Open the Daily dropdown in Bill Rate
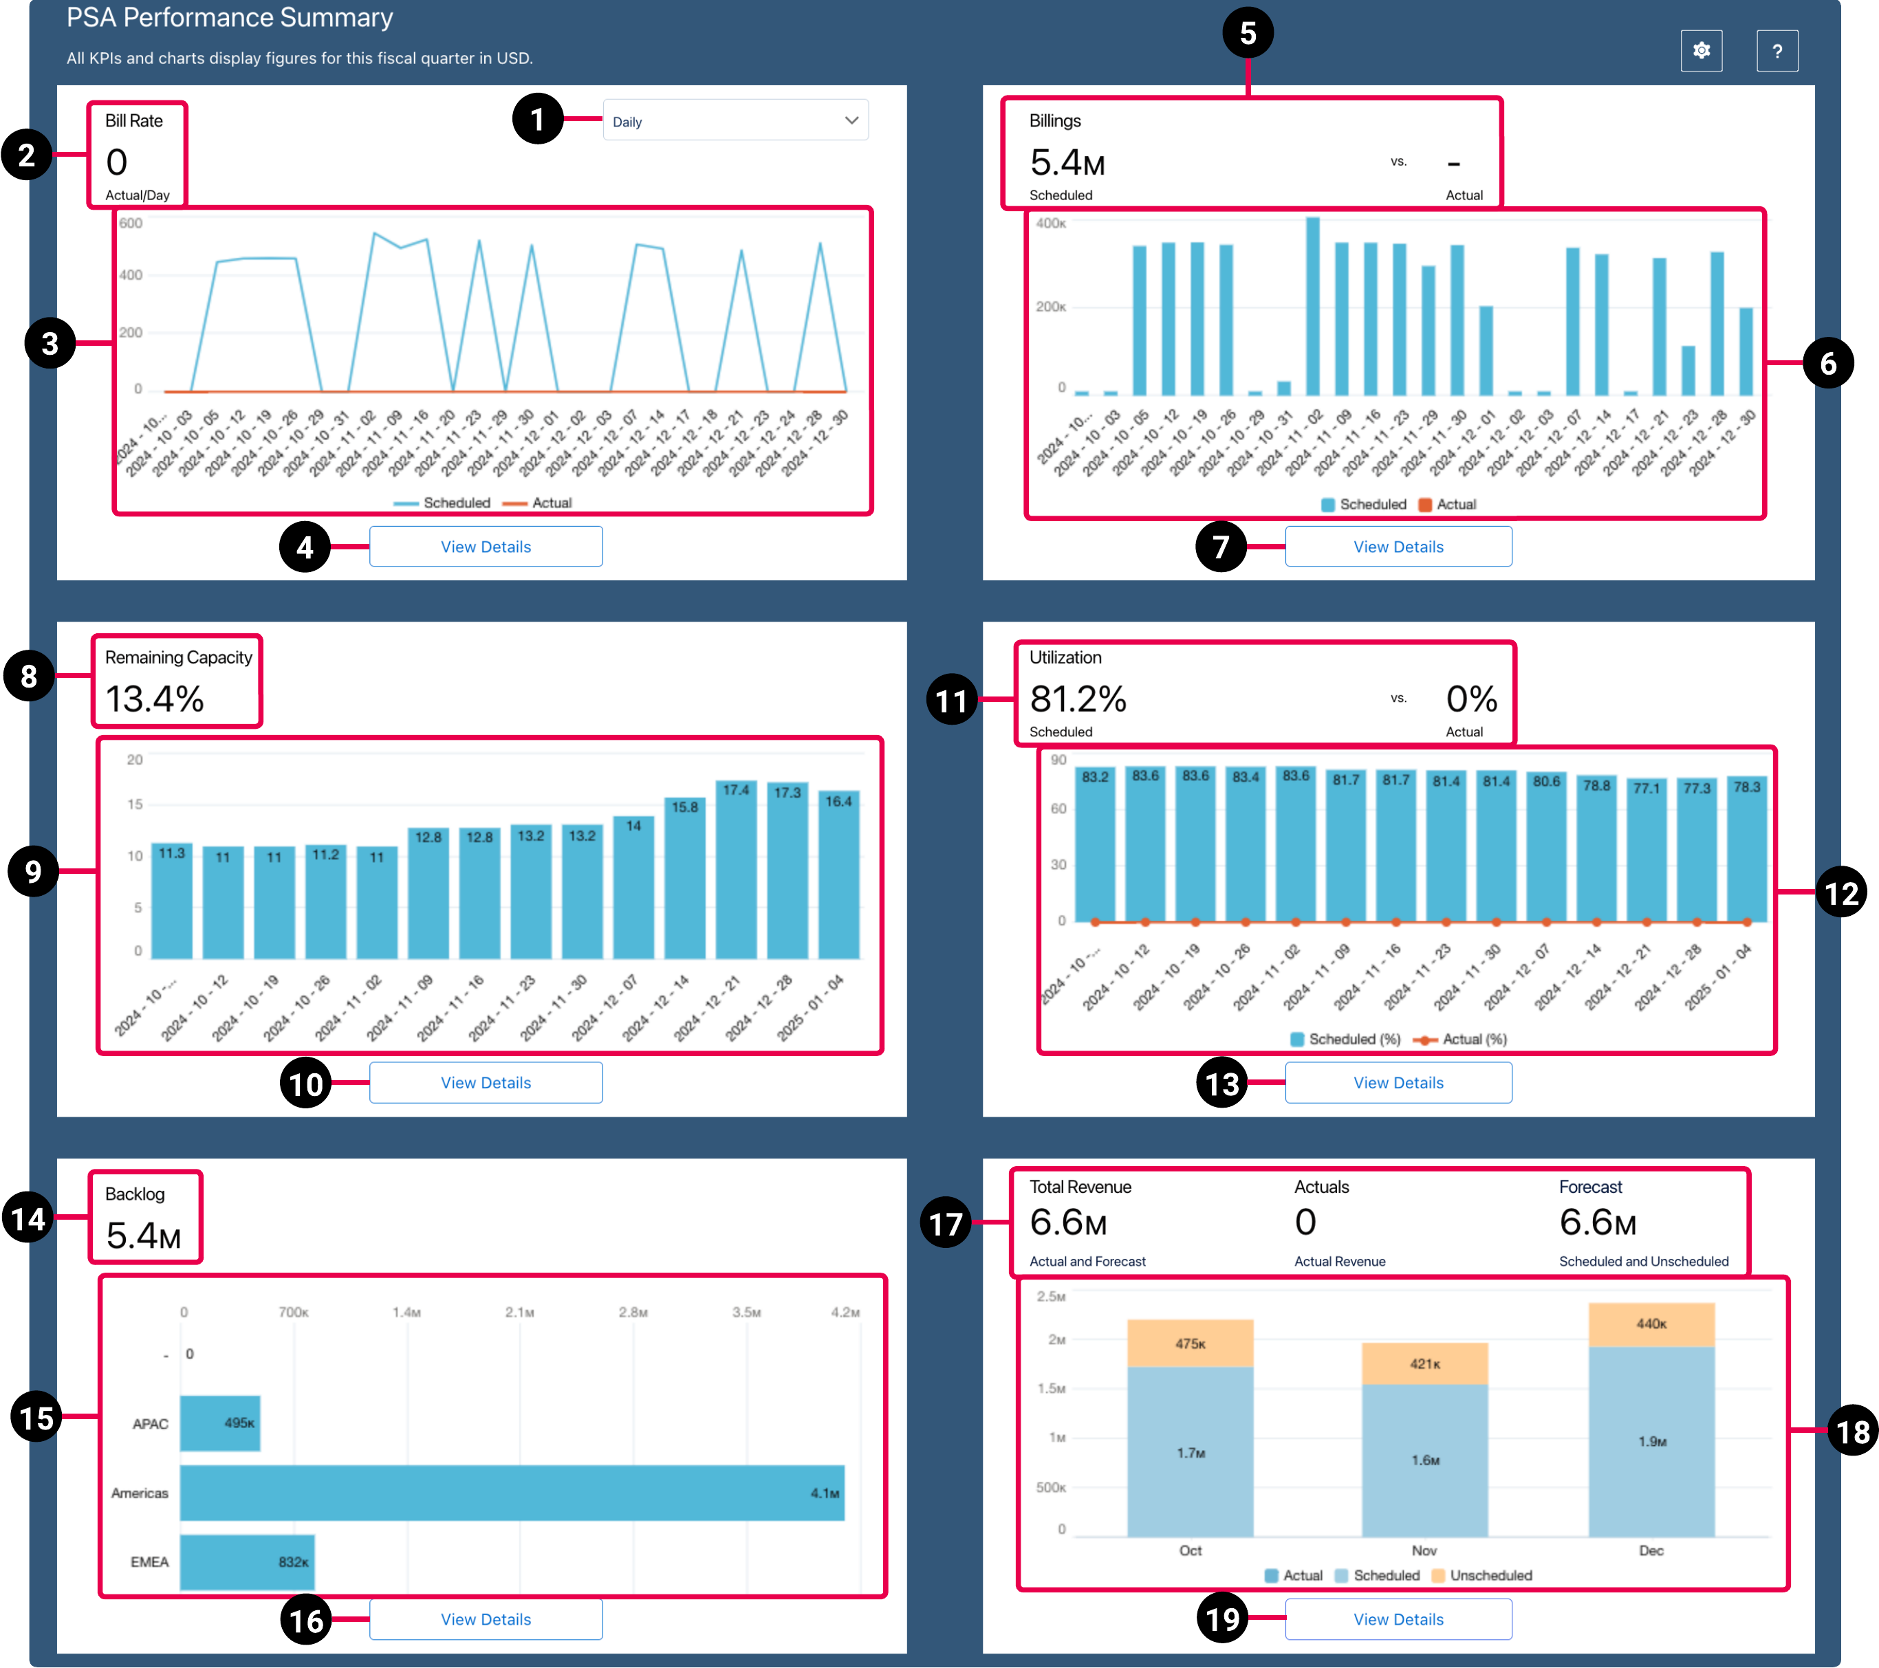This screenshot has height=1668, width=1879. point(735,120)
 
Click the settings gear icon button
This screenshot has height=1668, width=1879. point(1701,51)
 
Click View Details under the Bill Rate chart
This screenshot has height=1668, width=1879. point(486,546)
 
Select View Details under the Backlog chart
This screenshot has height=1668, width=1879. point(486,1618)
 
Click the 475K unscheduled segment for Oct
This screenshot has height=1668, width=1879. point(1190,1343)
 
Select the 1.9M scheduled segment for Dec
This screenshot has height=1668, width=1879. point(1651,1440)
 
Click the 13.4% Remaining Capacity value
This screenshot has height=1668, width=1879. point(155,699)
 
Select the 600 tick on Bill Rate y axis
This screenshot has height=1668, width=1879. point(131,223)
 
